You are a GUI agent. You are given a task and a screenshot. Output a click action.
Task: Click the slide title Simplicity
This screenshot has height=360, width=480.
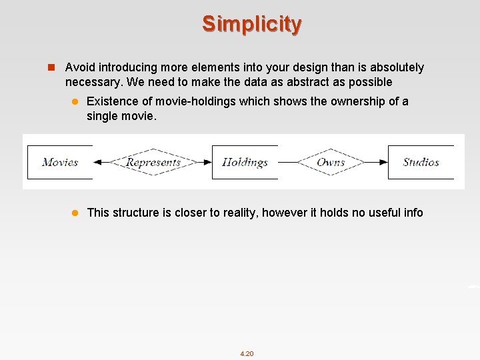252,24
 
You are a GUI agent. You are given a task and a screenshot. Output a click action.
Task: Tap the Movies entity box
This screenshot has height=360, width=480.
59,162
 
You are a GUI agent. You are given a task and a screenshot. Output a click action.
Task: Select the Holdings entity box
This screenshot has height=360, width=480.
245,162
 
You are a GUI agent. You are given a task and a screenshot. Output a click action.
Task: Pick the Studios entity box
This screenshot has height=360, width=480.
421,162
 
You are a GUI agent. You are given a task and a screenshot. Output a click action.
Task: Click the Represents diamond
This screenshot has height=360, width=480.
153,162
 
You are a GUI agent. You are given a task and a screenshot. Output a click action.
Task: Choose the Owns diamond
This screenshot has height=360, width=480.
331,162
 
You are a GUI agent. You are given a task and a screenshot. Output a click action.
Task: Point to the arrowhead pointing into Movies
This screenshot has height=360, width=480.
98,162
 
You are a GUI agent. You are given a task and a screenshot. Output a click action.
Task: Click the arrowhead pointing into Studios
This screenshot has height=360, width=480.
383,162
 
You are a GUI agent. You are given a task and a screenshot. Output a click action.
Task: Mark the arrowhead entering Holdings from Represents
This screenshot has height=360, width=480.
207,162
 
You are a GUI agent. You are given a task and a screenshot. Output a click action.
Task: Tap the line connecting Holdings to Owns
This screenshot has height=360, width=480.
287,162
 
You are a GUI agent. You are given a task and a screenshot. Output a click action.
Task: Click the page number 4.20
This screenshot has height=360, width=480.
247,353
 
